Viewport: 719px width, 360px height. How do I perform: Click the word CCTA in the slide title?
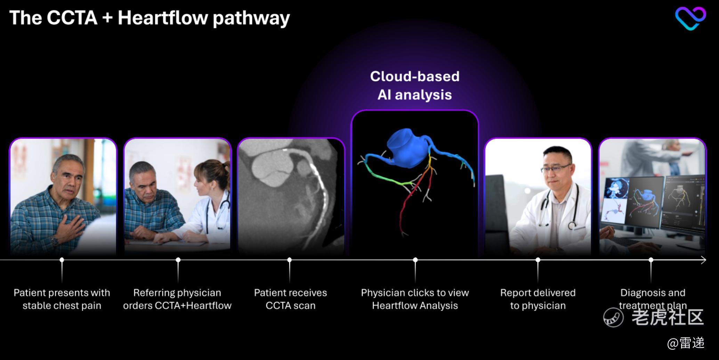coord(72,18)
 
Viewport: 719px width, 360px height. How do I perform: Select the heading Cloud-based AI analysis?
coord(415,85)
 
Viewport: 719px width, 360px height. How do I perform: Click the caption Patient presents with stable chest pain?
coord(62,299)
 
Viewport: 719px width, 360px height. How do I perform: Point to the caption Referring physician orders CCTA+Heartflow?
coord(177,299)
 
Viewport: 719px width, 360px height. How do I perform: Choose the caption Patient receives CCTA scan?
coord(290,299)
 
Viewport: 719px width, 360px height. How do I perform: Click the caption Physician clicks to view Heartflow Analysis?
coord(415,299)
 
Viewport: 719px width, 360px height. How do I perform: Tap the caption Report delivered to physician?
coord(538,299)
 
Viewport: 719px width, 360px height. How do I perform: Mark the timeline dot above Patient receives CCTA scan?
coord(290,260)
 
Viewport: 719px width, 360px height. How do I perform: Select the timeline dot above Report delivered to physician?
coord(538,260)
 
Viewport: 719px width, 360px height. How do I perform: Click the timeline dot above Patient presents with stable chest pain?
coord(62,260)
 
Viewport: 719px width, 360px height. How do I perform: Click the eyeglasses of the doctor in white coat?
coord(556,169)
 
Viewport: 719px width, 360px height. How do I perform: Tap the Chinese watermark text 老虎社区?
coord(668,317)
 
